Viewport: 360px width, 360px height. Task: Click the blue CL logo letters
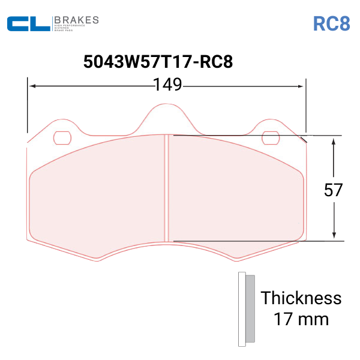[28, 24]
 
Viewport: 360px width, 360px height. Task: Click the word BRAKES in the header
[76, 20]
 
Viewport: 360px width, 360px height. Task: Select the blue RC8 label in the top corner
[331, 23]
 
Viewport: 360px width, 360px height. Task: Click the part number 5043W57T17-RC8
[158, 62]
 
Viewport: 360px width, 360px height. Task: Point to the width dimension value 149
[167, 85]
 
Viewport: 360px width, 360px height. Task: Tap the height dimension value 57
[334, 190]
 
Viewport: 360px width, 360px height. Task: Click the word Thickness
[301, 298]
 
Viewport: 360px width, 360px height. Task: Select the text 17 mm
[301, 319]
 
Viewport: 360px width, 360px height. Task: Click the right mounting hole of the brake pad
[272, 137]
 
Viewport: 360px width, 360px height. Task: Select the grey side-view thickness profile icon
[246, 309]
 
